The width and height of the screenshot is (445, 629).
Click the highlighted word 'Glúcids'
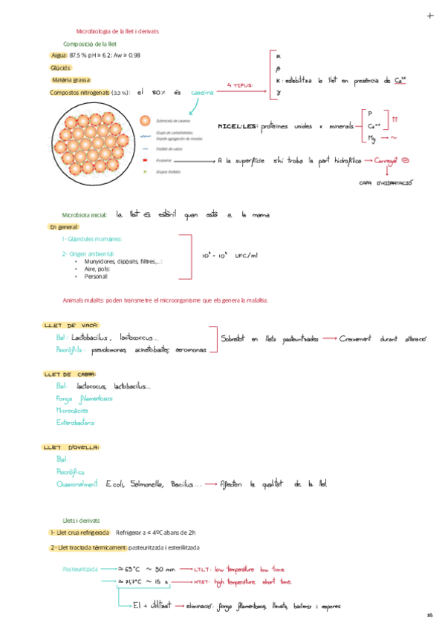click(x=60, y=67)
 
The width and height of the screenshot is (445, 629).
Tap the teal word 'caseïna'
click(x=201, y=93)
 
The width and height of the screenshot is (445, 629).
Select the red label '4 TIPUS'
click(x=239, y=85)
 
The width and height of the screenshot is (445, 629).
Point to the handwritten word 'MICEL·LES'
click(x=237, y=126)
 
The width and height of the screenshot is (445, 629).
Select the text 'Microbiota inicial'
click(x=85, y=214)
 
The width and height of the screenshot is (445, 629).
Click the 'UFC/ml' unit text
click(x=246, y=256)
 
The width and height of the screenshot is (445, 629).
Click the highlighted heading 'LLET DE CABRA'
click(x=74, y=375)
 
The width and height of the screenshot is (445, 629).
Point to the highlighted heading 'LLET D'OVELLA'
click(x=74, y=447)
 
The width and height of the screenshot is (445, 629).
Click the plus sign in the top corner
click(x=430, y=16)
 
